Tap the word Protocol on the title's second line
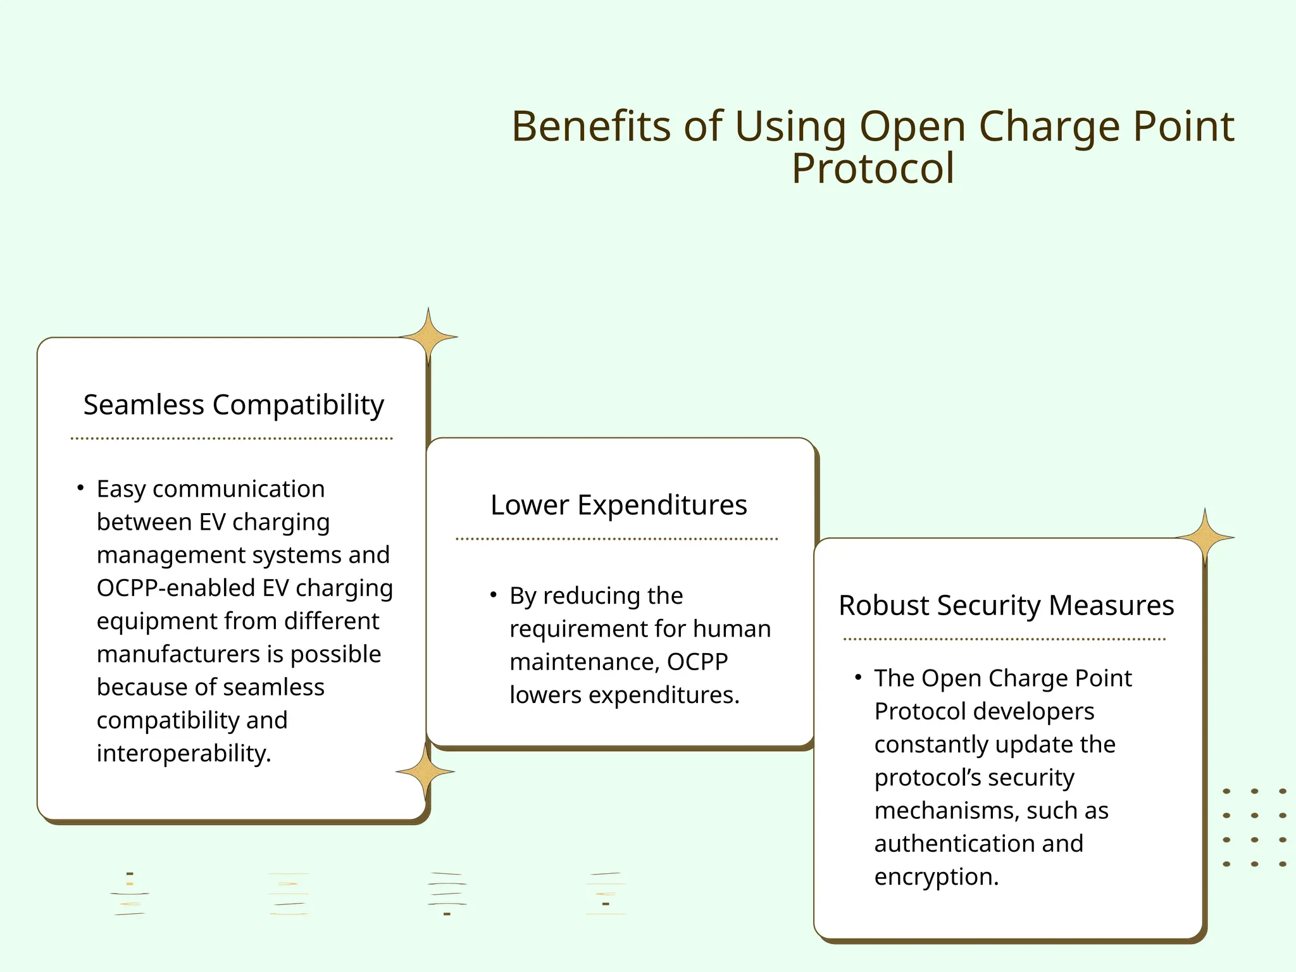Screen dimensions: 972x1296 (873, 169)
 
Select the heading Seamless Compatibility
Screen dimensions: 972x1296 (234, 405)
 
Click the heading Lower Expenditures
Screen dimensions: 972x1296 (618, 505)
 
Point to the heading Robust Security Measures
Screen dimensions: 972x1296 (1006, 606)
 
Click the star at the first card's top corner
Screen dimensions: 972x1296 (428, 337)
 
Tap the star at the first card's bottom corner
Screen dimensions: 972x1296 (425, 771)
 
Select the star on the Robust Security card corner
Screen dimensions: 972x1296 (1205, 537)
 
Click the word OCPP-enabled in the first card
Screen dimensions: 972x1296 (175, 589)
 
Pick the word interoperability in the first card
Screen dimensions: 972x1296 (184, 754)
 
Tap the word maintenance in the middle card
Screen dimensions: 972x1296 (585, 662)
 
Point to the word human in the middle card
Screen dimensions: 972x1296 (732, 629)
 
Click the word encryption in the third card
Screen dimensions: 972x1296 (936, 877)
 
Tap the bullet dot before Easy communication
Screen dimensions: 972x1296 (80, 488)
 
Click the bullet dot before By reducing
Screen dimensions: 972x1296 (493, 595)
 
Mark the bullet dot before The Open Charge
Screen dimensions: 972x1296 (858, 677)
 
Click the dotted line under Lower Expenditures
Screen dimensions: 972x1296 (616, 539)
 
